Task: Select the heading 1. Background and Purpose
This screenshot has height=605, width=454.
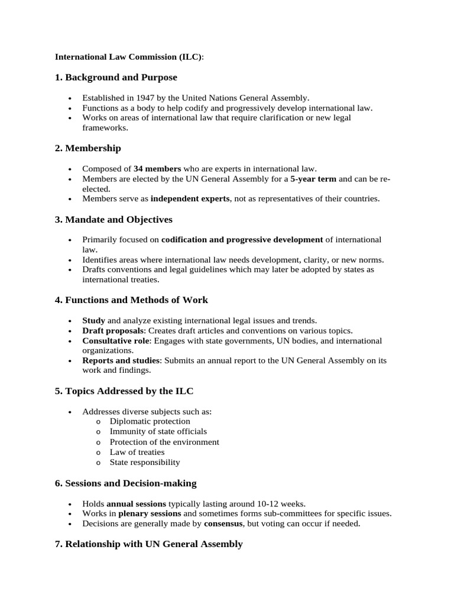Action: click(x=116, y=77)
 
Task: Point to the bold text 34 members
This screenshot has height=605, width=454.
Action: click(x=157, y=169)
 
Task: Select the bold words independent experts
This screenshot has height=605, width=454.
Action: click(x=190, y=199)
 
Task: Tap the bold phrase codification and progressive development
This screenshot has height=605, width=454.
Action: click(x=242, y=240)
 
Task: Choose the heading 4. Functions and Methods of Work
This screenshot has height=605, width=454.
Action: click(x=131, y=300)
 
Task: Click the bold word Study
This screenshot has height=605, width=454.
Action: click(x=93, y=320)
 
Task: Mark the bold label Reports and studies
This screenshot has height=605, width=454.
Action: click(x=121, y=360)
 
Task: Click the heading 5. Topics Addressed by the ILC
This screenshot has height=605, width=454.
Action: click(x=124, y=391)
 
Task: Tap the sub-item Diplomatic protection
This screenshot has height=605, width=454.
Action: click(x=150, y=421)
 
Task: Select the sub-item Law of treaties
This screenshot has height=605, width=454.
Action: click(x=137, y=452)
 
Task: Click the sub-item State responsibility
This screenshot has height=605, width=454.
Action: click(x=145, y=463)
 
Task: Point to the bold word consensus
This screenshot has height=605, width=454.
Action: click(x=223, y=523)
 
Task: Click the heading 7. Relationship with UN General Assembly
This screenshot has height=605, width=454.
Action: click(x=148, y=544)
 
